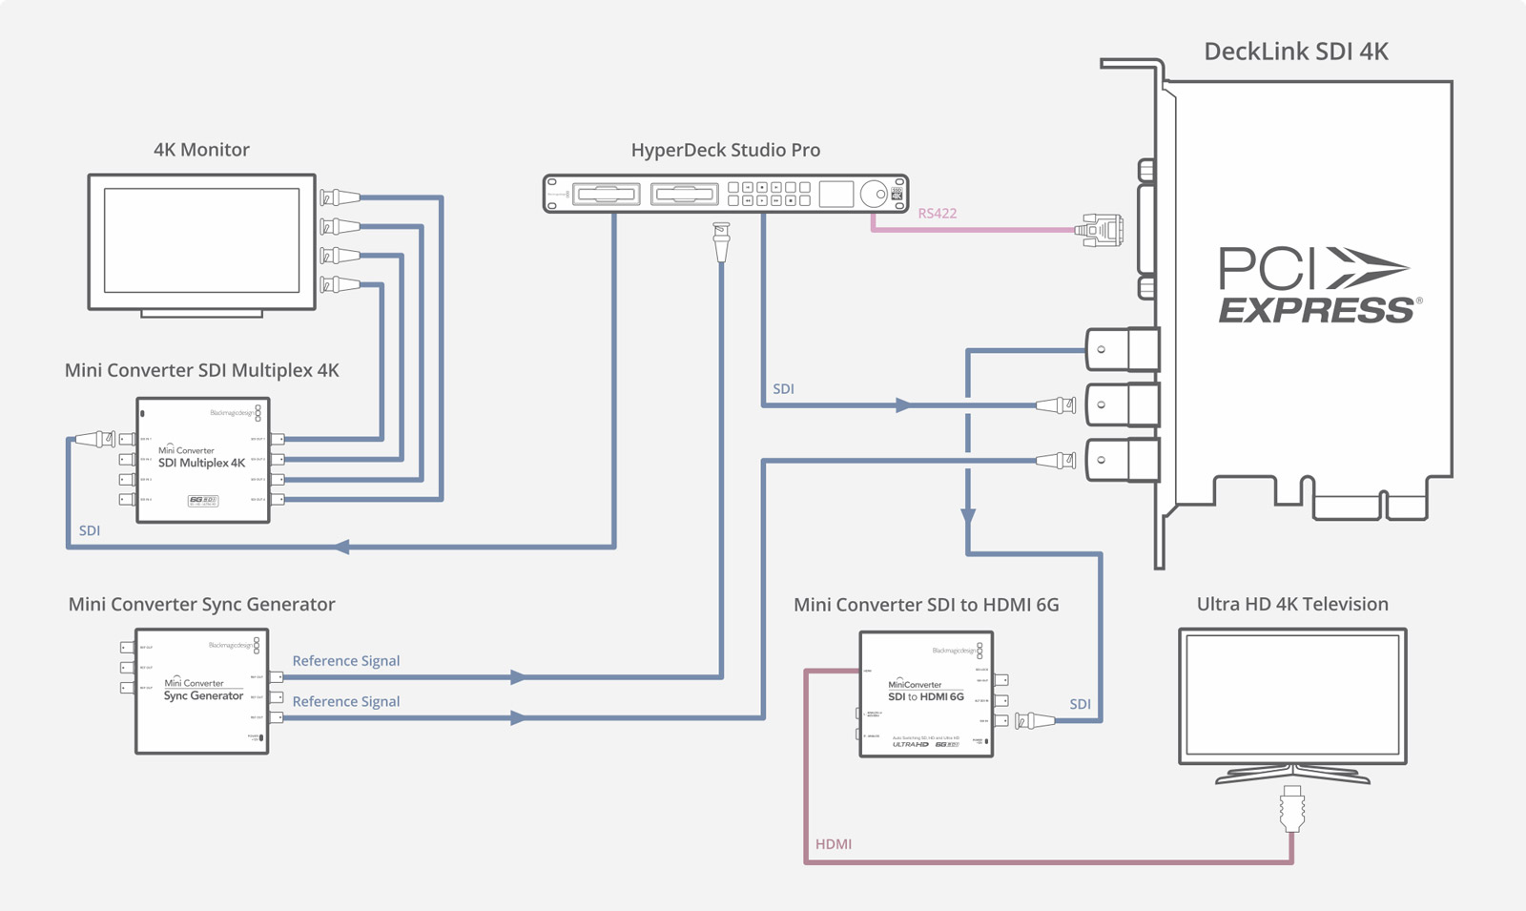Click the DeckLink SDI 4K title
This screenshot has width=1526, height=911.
[1295, 52]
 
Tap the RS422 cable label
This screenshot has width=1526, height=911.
[937, 214]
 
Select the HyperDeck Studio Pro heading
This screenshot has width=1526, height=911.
[725, 150]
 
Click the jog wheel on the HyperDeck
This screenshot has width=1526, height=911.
[873, 195]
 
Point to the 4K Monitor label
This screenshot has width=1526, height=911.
[201, 150]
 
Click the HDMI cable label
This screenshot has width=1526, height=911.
[833, 844]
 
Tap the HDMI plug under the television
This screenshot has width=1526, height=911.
[1292, 808]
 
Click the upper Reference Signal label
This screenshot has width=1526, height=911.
[345, 661]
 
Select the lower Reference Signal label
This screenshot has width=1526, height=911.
[345, 702]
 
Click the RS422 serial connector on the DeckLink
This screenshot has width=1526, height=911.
[1101, 231]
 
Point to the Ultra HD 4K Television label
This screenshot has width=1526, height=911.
[1291, 605]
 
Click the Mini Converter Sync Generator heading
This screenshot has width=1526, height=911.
[201, 605]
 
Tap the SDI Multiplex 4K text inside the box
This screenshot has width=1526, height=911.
[201, 464]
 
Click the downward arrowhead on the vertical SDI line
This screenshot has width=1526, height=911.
[968, 516]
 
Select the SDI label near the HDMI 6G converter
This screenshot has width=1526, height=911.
[1080, 705]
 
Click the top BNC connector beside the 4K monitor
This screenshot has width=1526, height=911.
[340, 198]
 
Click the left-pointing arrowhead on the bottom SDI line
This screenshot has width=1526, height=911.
[341, 547]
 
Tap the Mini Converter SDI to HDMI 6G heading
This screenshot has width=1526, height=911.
[925, 605]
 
